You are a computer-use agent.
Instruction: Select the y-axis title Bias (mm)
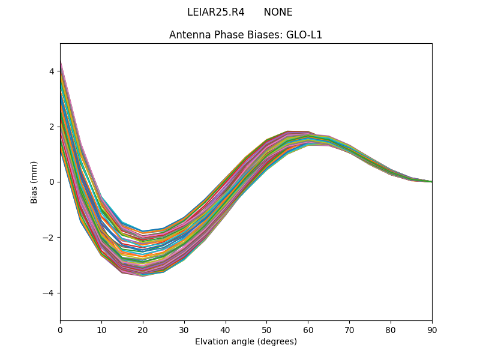pyautogui.click(x=34, y=182)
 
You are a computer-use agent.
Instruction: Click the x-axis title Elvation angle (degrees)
pyautogui.click(x=246, y=341)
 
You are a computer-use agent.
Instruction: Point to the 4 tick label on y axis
pyautogui.click(x=52, y=71)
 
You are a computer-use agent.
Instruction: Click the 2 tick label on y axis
pyautogui.click(x=52, y=127)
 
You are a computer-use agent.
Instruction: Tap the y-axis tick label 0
pyautogui.click(x=52, y=182)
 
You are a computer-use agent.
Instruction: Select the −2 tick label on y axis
pyautogui.click(x=49, y=238)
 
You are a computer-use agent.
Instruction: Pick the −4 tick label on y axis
pyautogui.click(x=49, y=293)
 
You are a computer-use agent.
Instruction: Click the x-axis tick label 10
pyautogui.click(x=101, y=329)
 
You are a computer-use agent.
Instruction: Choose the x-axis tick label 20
pyautogui.click(x=143, y=329)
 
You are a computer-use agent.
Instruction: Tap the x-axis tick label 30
pyautogui.click(x=184, y=329)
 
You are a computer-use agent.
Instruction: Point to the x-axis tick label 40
pyautogui.click(x=226, y=329)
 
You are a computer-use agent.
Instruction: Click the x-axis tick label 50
pyautogui.click(x=266, y=329)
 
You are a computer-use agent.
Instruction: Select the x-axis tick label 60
pyautogui.click(x=308, y=329)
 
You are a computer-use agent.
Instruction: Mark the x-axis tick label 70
pyautogui.click(x=349, y=329)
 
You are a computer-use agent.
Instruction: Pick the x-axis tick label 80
pyautogui.click(x=391, y=329)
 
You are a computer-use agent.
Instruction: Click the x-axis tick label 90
pyautogui.click(x=432, y=329)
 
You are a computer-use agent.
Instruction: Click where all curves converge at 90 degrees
pyautogui.click(x=431, y=182)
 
